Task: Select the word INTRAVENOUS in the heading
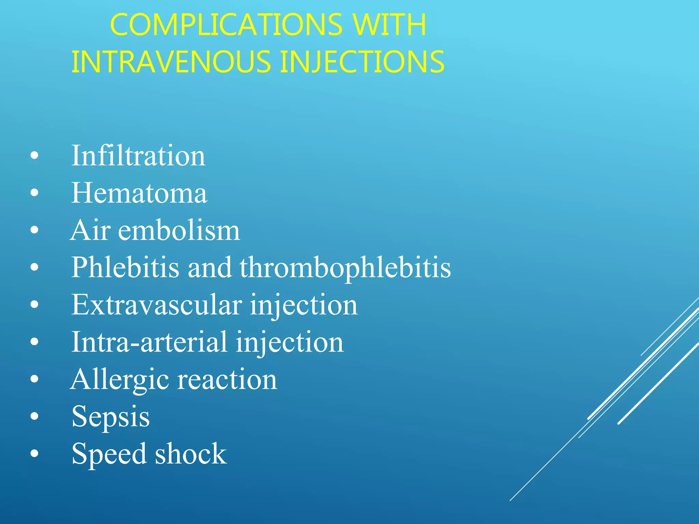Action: coord(171,62)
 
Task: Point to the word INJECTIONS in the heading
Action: coord(362,62)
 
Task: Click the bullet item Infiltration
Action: coord(138,156)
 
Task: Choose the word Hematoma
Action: coord(139,193)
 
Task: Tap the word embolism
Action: coord(179,230)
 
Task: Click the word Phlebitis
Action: coord(125,267)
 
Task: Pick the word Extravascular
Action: coord(157,305)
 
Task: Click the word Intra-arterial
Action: coord(149,342)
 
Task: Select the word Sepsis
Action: coord(111,417)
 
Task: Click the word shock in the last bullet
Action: coord(191,454)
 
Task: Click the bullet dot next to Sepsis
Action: coord(34,417)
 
